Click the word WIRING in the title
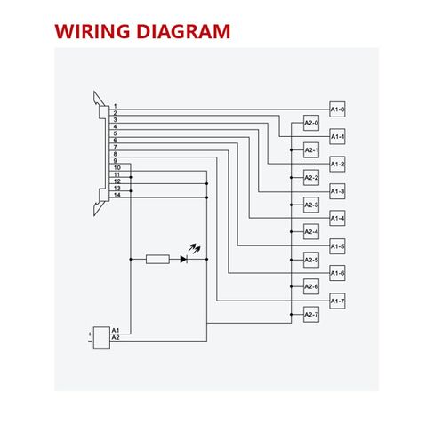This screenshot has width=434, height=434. pos(92,31)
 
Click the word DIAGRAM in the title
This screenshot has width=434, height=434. pos(183,31)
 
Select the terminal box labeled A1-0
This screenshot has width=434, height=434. pos(337,109)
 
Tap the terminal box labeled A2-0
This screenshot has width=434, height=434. pos(311,123)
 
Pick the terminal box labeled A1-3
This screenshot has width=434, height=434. pos(337,191)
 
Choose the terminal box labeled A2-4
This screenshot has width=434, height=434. pos(311,231)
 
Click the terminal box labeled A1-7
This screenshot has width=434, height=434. pos(337,301)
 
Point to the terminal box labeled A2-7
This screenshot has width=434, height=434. pos(311,315)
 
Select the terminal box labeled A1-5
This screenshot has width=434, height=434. pos(337,246)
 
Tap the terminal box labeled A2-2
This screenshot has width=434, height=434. pos(311,178)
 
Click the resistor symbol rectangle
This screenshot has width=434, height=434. pos(157,260)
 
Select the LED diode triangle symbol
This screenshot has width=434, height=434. pos(184,260)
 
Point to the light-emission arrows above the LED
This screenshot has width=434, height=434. pos(195,248)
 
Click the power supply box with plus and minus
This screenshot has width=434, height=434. pos(101,338)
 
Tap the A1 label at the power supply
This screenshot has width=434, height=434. pos(116,330)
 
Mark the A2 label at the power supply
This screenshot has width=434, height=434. pos(116,337)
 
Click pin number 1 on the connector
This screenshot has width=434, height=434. pos(116,106)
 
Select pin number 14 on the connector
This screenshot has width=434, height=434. pos(117,195)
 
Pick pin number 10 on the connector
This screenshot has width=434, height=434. pos(117,168)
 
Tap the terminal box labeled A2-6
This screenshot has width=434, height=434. pos(311,286)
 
